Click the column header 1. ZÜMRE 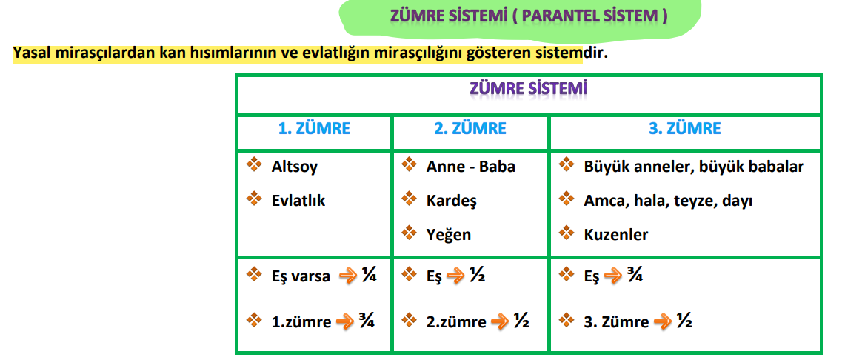tap(314, 128)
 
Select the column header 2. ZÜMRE tap(470, 128)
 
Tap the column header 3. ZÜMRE tap(684, 128)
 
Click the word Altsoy tap(294, 167)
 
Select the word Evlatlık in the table tap(298, 200)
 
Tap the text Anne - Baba tap(470, 167)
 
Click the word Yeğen tap(449, 235)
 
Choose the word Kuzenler tap(615, 235)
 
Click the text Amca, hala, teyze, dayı tap(667, 201)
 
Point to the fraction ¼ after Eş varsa tap(369, 276)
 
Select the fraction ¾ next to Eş tap(633, 276)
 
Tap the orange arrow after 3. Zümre tap(664, 322)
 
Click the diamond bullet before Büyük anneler tap(567, 164)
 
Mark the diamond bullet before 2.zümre tap(409, 320)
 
